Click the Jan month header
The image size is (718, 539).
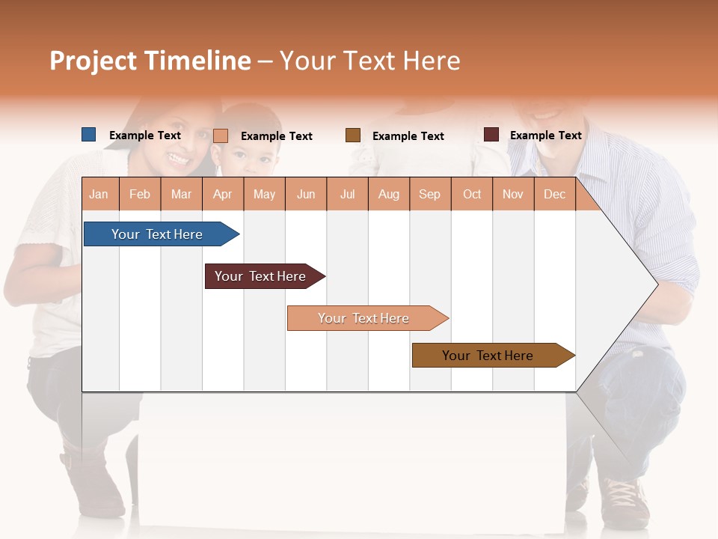(x=99, y=194)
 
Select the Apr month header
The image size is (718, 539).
(x=223, y=194)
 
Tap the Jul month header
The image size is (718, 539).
(x=347, y=194)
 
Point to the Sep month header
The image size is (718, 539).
(x=429, y=194)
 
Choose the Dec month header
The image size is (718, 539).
(x=554, y=194)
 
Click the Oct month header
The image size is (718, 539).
(x=472, y=194)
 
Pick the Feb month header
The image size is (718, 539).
(x=140, y=194)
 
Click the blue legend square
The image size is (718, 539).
(x=88, y=135)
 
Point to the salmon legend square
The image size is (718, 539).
(x=221, y=135)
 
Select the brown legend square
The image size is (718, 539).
(x=353, y=135)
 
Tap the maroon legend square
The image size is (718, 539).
(x=491, y=135)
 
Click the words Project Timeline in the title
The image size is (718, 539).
(x=150, y=61)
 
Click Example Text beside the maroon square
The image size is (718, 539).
(x=545, y=135)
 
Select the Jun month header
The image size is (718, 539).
(x=306, y=194)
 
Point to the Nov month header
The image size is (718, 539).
(x=513, y=194)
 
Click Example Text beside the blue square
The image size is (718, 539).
(x=145, y=135)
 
